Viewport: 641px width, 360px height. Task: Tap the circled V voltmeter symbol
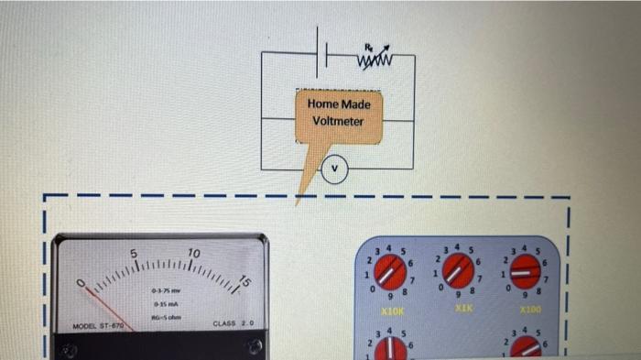335,169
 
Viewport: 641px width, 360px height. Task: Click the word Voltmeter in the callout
338,121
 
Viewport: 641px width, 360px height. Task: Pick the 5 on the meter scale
133,253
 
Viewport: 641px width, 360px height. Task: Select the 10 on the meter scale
193,253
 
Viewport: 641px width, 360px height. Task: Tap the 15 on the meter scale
243,280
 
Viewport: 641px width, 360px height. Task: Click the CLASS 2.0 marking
233,323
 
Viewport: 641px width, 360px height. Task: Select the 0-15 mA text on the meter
166,303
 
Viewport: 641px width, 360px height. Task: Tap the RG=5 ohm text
166,316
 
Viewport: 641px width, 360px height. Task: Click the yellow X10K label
393,312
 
